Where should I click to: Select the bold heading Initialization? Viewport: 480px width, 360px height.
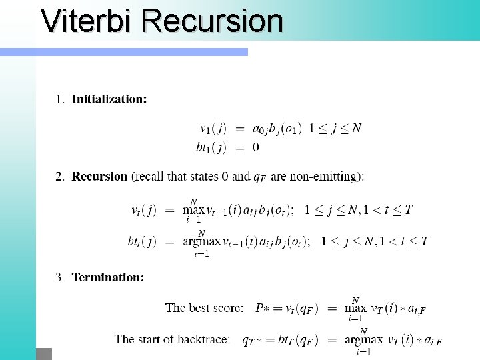coord(109,99)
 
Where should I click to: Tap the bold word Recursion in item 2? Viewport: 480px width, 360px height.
coord(99,177)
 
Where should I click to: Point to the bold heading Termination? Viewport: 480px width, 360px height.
coord(107,277)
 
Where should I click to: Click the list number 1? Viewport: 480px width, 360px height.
coord(59,99)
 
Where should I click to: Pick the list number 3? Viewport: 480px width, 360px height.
coord(59,277)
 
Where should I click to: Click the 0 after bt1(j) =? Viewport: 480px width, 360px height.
coord(256,147)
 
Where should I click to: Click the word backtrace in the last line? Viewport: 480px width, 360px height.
coord(203,339)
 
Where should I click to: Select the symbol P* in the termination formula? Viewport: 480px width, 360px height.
coord(262,308)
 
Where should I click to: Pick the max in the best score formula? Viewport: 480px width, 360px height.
coord(357,309)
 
